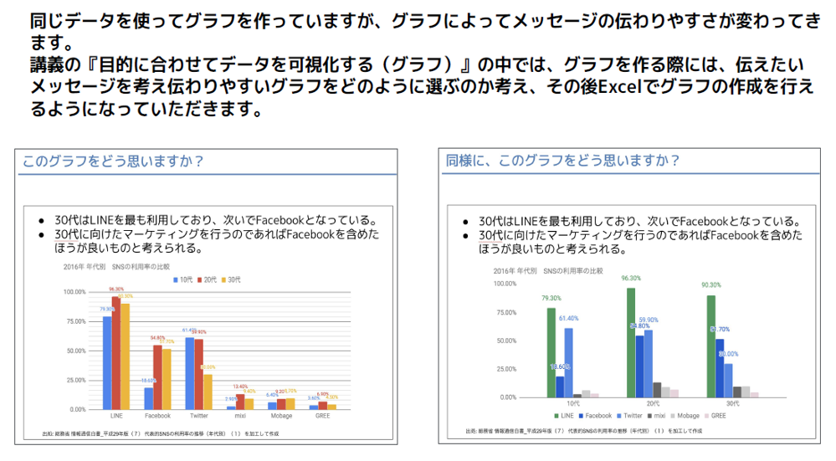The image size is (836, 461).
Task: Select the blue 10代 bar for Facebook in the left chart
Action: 148,398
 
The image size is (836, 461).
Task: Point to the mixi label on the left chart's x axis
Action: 239,415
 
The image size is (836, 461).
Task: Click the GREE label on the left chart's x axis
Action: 321,415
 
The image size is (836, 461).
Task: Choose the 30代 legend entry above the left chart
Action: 233,279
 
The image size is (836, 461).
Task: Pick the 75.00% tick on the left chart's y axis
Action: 74,321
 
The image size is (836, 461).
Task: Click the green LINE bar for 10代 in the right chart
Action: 551,352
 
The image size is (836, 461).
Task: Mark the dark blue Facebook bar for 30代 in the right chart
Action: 720,367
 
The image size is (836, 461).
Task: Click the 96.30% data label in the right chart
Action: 631,279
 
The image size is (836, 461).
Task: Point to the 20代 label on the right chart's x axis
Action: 652,404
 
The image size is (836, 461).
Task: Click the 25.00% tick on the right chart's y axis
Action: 505,369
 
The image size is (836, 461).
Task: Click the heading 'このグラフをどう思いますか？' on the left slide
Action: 112,160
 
